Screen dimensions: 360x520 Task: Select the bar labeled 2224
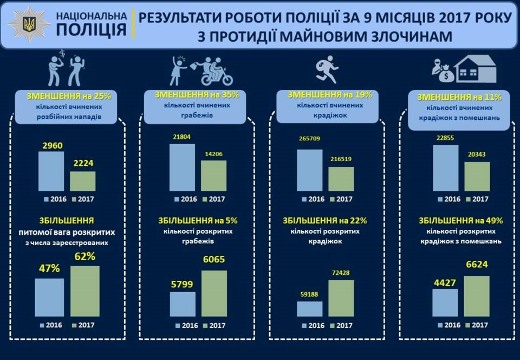82,180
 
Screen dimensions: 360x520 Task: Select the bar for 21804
182,167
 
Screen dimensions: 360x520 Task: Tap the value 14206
213,154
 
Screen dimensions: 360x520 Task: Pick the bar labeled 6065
214,293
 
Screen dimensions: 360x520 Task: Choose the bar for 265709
309,170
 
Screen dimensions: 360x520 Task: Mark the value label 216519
341,160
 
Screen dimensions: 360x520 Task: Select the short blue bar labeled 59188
309,308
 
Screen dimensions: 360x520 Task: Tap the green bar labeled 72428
341,298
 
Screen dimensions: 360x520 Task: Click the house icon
475,69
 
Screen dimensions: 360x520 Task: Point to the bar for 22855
446,168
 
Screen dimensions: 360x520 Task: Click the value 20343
477,155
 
